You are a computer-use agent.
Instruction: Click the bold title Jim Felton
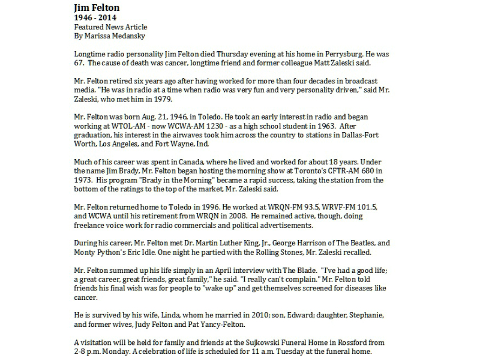click(x=96, y=8)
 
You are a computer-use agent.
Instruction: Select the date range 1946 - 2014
click(x=96, y=18)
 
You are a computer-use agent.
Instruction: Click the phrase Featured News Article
click(x=110, y=27)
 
